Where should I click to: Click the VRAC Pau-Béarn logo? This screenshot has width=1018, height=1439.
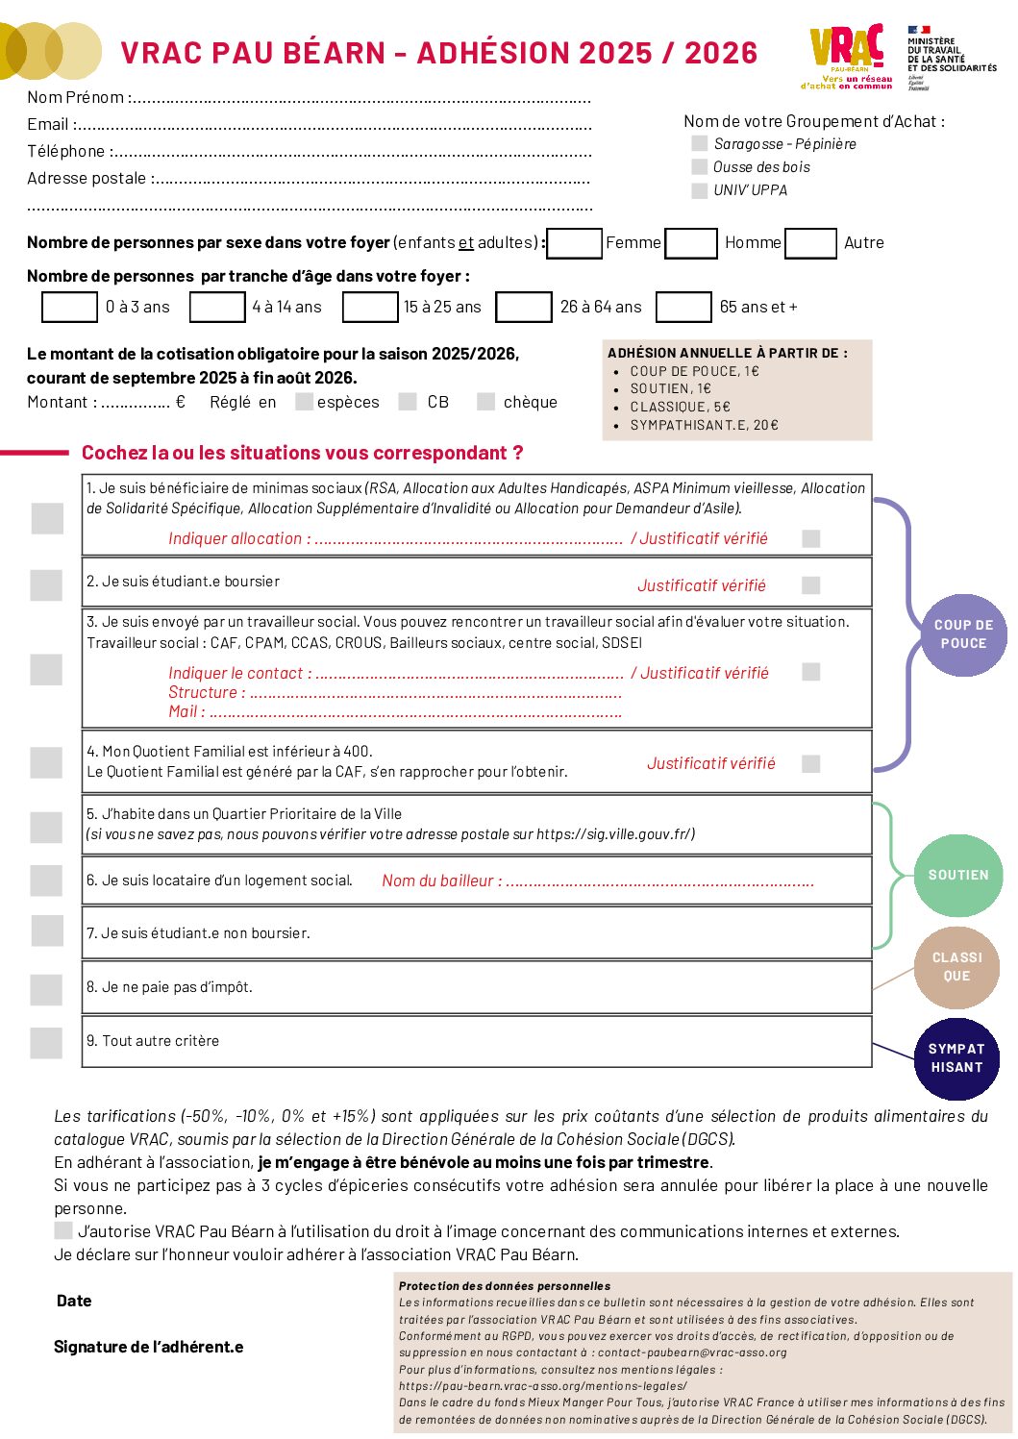click(847, 56)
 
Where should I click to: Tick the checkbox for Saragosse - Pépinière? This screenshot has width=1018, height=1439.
click(700, 143)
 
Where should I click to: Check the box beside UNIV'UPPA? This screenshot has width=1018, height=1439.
click(700, 190)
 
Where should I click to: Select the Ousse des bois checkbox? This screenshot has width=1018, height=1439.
click(700, 166)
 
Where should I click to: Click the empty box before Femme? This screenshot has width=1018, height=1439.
click(575, 243)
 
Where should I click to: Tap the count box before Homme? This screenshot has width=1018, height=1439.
click(692, 243)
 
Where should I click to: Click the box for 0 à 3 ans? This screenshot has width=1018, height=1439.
click(70, 307)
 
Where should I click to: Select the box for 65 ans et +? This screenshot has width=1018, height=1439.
click(683, 307)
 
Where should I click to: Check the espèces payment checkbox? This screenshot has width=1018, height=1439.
click(304, 402)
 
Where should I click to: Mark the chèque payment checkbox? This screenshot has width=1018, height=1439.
click(486, 402)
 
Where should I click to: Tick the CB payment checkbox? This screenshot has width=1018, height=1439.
click(408, 402)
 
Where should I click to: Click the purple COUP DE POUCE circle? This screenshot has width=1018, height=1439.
click(963, 634)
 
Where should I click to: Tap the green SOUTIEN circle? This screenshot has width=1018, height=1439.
click(957, 875)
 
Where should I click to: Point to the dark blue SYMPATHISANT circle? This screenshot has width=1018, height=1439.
click(956, 1058)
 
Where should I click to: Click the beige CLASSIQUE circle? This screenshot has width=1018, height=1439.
click(956, 967)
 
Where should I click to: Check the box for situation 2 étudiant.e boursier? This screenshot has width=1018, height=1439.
click(46, 584)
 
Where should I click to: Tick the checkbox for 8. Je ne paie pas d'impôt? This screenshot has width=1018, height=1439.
click(46, 988)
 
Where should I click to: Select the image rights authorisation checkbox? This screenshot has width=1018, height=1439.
click(63, 1230)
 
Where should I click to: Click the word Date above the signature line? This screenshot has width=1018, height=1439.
click(74, 1301)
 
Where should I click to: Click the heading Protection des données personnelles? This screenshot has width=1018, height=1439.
click(505, 1286)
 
